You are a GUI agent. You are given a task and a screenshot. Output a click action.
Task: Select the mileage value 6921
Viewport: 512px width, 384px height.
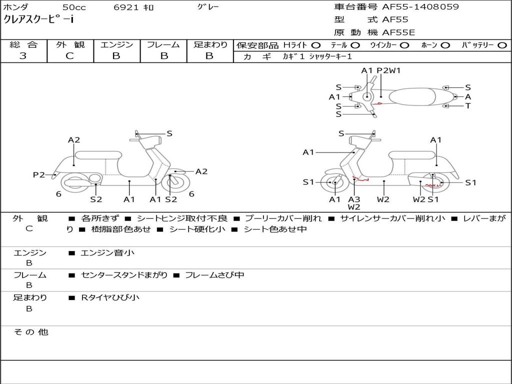[127, 7]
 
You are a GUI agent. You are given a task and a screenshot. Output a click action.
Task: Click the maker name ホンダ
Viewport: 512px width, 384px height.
[16, 7]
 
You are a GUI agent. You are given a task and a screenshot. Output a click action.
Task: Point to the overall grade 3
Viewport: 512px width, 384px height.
[23, 56]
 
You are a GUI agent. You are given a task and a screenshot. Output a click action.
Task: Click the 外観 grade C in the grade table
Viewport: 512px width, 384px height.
[69, 56]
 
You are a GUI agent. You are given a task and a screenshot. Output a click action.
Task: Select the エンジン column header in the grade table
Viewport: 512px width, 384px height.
[116, 44]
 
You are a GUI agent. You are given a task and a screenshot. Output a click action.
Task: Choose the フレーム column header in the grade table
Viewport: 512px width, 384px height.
[163, 44]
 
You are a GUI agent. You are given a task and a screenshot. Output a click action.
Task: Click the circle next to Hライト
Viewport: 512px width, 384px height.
[316, 45]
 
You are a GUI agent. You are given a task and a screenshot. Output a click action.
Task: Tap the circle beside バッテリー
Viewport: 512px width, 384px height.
[502, 45]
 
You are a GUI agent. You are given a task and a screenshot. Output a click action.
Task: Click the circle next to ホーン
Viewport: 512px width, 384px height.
[445, 45]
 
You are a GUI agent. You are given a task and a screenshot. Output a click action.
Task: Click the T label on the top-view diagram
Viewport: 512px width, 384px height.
[468, 106]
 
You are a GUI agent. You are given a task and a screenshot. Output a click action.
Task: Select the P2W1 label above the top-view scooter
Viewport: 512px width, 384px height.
[388, 70]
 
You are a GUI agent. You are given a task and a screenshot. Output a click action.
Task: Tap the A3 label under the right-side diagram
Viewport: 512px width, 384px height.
[354, 199]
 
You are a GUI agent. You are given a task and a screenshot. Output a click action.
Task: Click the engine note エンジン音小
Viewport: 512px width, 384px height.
[107, 253]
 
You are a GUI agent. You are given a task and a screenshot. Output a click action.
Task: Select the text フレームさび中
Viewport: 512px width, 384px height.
[214, 275]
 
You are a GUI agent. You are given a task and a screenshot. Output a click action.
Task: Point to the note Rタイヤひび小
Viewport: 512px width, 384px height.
[110, 297]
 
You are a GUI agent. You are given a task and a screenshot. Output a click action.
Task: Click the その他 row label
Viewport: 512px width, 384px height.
[30, 332]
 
